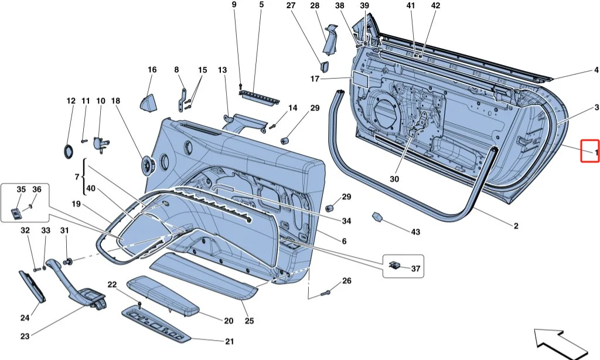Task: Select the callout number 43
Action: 415,232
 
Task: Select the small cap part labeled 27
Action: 325,66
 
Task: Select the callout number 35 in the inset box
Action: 21,189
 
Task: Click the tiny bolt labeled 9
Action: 241,86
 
